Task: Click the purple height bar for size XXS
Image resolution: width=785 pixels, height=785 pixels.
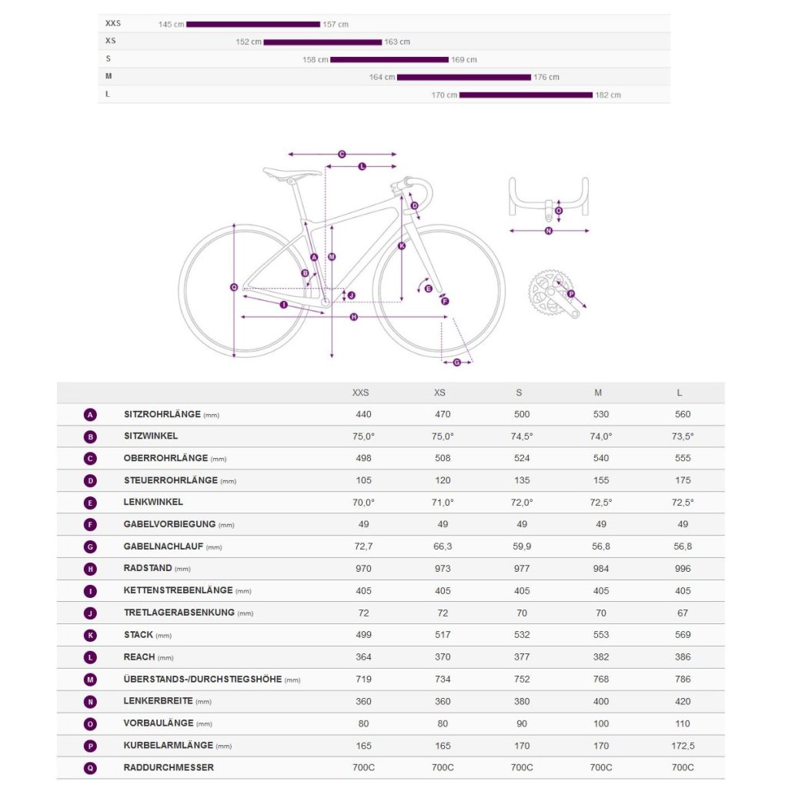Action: (252, 25)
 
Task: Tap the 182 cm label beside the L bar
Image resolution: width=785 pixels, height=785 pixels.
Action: (608, 95)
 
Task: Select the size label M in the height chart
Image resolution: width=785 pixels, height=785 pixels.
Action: (109, 76)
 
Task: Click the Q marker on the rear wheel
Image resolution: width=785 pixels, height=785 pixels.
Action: (234, 287)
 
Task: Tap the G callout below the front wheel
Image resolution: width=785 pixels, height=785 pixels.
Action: (457, 362)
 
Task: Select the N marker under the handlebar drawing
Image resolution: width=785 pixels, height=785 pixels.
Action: (549, 230)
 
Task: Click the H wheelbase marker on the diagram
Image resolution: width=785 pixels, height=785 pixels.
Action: (353, 317)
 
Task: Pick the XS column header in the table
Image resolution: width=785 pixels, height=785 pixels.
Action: (439, 392)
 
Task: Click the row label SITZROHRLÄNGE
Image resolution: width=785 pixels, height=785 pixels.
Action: (162, 415)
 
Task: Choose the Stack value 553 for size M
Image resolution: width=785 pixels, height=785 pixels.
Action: (600, 635)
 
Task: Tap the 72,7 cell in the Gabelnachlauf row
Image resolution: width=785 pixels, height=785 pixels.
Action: (363, 546)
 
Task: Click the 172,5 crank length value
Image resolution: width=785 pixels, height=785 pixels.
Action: (682, 746)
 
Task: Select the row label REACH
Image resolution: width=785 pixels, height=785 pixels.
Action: (139, 657)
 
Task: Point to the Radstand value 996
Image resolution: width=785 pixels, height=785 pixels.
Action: (682, 569)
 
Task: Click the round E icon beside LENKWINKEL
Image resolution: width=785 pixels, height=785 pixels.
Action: (91, 503)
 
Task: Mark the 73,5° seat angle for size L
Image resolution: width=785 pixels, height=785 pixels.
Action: (682, 436)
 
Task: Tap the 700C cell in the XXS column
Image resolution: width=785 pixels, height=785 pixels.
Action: (363, 767)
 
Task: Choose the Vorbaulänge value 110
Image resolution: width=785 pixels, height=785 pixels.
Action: (682, 723)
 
